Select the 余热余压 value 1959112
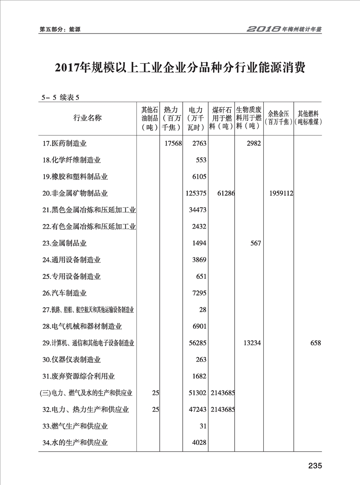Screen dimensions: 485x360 tap(279, 193)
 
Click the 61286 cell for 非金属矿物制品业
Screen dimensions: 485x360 tap(225, 193)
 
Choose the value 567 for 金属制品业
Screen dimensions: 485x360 tap(255, 243)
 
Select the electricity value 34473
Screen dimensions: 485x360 tap(197, 210)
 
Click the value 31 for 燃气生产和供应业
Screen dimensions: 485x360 tap(202, 426)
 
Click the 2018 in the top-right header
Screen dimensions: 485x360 tap(263, 29)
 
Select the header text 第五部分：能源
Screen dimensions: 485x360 tap(60, 30)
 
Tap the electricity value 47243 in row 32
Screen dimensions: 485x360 tap(197, 410)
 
